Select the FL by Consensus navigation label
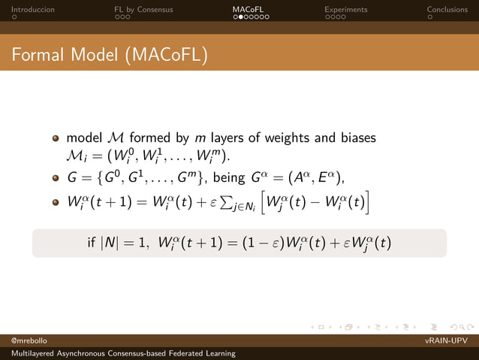pos(143,10)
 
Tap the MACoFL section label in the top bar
pos(248,10)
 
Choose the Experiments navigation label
pos(345,10)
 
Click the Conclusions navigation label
pos(447,10)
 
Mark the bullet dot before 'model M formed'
pos(55,139)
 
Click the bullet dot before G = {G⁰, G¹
pos(55,178)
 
